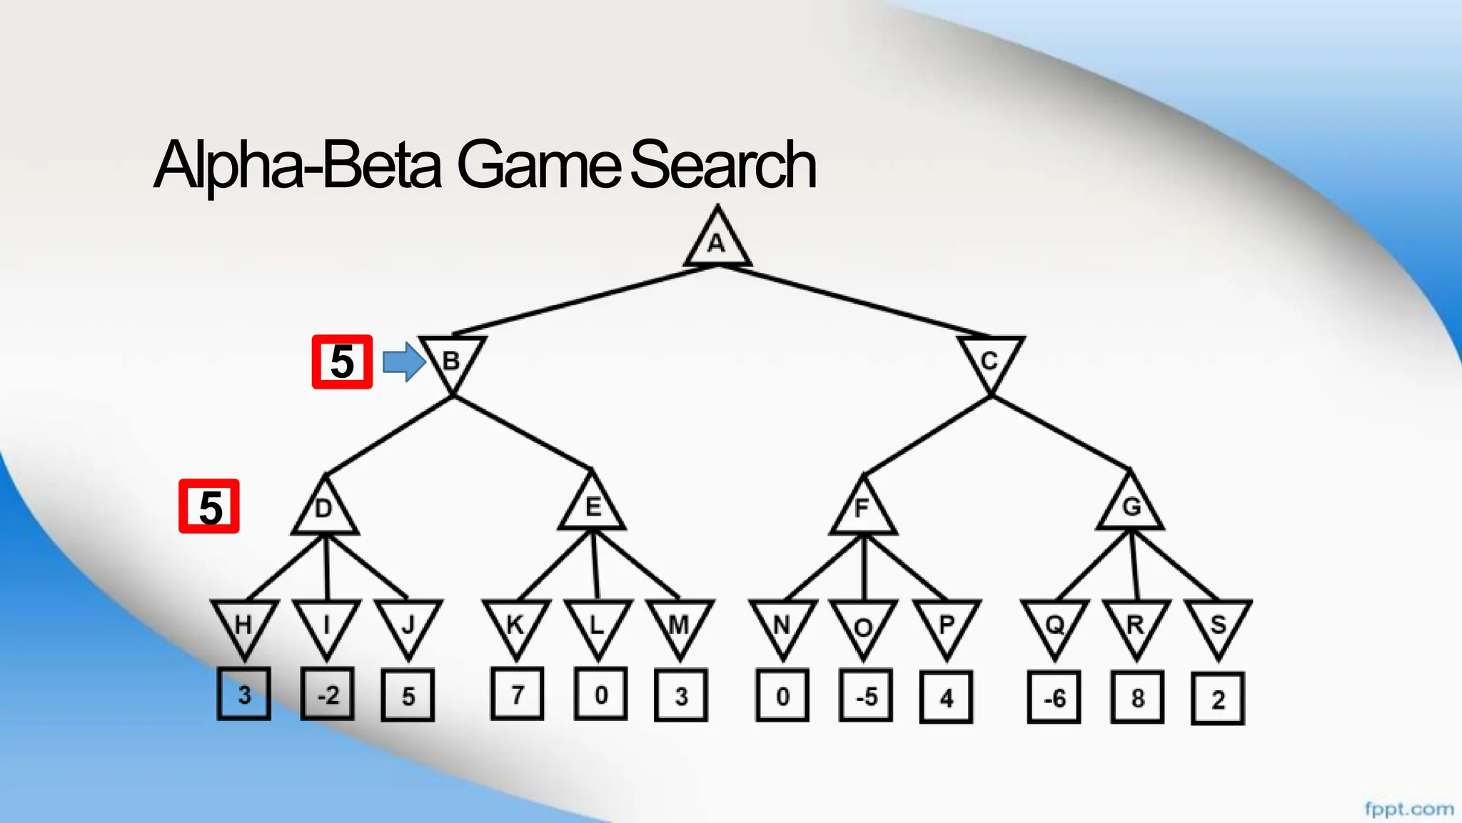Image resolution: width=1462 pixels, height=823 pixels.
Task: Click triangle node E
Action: click(x=593, y=507)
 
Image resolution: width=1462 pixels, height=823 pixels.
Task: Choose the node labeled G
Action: click(x=1131, y=507)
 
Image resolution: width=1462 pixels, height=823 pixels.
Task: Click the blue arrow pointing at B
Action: click(x=404, y=362)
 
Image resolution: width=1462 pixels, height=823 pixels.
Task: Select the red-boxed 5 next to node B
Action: click(x=342, y=362)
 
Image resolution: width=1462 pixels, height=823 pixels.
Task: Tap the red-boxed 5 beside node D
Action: click(x=209, y=507)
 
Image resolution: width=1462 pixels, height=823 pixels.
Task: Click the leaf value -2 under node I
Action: click(x=328, y=694)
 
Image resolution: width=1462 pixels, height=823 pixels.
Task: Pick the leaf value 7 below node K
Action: click(x=518, y=694)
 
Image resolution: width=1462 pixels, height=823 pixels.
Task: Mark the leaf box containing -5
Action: click(x=866, y=697)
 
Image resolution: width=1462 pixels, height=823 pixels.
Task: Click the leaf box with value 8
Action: click(x=1138, y=697)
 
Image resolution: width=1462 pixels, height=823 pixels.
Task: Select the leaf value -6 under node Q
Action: click(x=1054, y=697)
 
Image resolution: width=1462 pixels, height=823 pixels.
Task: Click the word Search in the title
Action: click(x=722, y=166)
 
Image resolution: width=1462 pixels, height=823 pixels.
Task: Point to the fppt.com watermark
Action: click(x=1408, y=809)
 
